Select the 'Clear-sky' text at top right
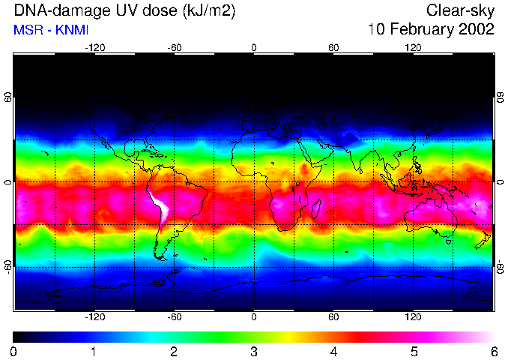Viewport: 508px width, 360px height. click(460, 10)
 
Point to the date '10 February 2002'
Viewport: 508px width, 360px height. click(431, 30)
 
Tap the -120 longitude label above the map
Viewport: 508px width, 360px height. click(94, 48)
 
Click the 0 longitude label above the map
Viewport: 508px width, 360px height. click(254, 48)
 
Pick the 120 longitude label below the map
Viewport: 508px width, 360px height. click(413, 318)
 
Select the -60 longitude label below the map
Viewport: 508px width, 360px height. click(175, 318)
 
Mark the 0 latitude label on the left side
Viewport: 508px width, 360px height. click(8, 182)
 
